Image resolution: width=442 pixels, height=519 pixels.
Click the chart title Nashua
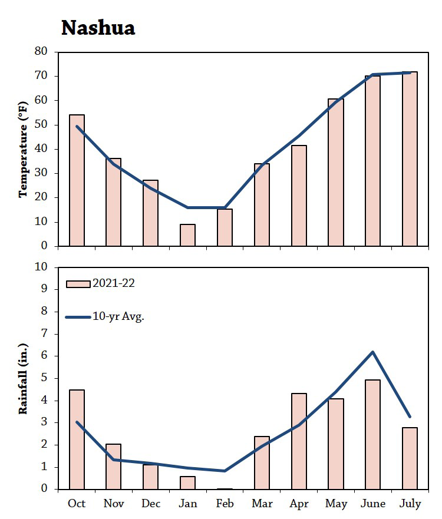click(x=98, y=28)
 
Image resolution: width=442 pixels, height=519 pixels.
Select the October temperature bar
click(x=77, y=180)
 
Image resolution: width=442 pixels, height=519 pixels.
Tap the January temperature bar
click(x=187, y=235)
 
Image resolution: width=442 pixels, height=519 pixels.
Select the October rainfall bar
click(x=77, y=439)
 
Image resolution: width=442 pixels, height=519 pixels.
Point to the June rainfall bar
click(x=372, y=435)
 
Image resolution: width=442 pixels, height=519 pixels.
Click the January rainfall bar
click(x=187, y=482)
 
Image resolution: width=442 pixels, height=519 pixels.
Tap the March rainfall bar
click(x=262, y=462)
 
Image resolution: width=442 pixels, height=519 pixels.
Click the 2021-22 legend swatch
click(x=77, y=284)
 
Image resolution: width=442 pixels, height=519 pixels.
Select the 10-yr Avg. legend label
click(x=118, y=316)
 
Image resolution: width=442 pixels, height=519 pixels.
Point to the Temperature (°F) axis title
click(x=24, y=148)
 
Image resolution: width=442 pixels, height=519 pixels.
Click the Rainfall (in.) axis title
click(x=24, y=378)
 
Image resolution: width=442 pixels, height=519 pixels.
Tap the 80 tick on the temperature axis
click(x=41, y=51)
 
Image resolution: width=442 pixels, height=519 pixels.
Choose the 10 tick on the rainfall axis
click(x=41, y=267)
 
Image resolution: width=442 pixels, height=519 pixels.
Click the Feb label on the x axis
click(x=225, y=504)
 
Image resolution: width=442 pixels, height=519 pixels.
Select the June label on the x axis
click(x=372, y=504)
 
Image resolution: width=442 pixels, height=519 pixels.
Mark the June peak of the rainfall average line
click(x=372, y=352)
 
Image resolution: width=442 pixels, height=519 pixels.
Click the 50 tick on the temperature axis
click(x=41, y=125)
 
